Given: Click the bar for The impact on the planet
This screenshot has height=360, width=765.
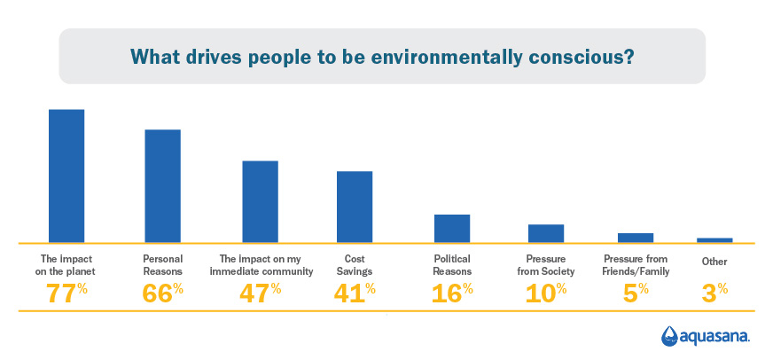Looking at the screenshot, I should click(x=66, y=176).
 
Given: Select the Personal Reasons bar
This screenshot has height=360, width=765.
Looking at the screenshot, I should click(x=162, y=186).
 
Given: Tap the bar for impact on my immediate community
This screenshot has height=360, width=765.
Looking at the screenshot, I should click(x=260, y=201).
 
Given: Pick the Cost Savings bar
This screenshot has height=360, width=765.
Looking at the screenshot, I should click(x=355, y=207).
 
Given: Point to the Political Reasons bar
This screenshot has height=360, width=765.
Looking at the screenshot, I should click(x=451, y=228).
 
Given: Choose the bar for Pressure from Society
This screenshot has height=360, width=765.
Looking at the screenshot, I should click(x=546, y=233).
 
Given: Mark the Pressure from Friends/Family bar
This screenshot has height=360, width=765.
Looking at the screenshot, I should click(x=636, y=238).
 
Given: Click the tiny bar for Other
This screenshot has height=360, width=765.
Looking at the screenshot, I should click(x=714, y=239).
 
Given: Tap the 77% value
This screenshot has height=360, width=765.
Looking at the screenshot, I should click(x=67, y=293).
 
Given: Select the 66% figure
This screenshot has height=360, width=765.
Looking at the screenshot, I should click(x=163, y=293).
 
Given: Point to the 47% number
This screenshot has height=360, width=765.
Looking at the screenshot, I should click(x=261, y=293).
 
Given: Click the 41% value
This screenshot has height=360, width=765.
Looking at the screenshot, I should click(x=355, y=293).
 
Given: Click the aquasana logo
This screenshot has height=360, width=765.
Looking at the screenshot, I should click(x=706, y=336).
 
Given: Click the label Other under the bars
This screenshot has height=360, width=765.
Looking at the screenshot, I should click(x=714, y=261).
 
